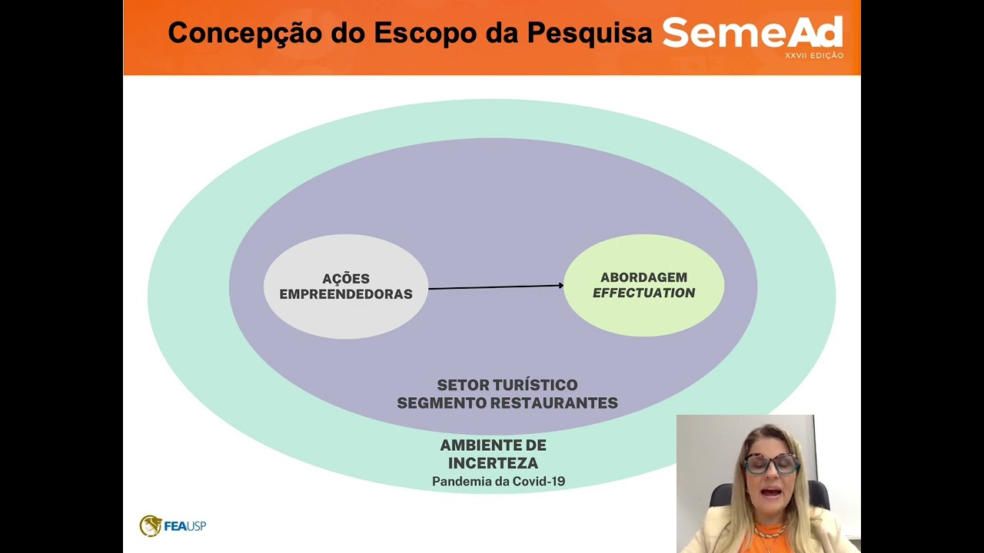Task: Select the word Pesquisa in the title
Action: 590,34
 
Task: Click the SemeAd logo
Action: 752,33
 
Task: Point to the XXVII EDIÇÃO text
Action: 814,56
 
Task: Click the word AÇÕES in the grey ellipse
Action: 346,279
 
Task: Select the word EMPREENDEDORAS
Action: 346,294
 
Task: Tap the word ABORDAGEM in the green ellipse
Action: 643,277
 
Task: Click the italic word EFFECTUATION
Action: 643,293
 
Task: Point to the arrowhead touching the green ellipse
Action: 560,286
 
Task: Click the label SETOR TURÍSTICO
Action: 507,385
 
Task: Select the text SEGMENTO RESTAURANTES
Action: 507,402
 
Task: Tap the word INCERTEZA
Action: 493,463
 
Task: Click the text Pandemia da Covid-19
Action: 498,482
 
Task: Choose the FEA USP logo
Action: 173,526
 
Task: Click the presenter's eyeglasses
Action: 771,463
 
